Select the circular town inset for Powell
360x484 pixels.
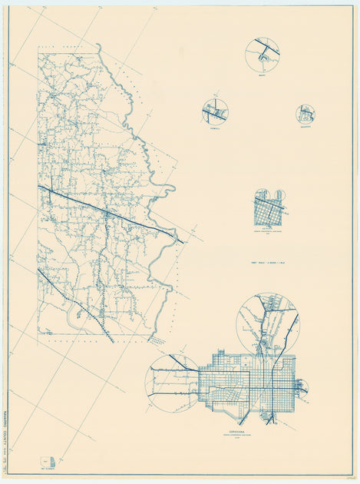(x=215, y=112)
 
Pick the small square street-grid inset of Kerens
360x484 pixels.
(x=268, y=207)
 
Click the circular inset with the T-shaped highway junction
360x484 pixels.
(x=263, y=55)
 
